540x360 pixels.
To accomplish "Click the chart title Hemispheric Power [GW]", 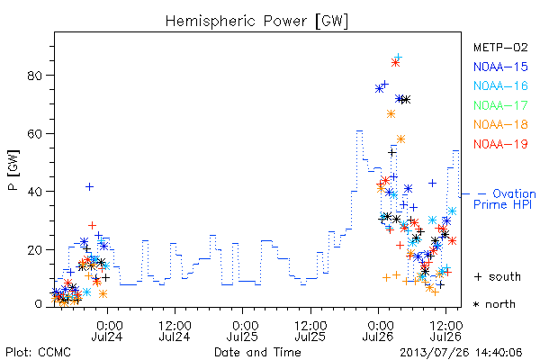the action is (x=256, y=22).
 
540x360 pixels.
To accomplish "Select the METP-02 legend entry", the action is (x=500, y=47).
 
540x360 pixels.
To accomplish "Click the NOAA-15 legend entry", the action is (x=500, y=67).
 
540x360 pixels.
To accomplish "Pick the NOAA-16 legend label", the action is (x=500, y=85).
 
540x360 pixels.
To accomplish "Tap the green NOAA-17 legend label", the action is (x=500, y=105).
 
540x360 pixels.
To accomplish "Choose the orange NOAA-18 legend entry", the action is (x=500, y=124).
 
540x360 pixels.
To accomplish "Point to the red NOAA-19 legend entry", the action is (x=500, y=144).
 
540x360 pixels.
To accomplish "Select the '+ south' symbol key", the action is (x=498, y=276).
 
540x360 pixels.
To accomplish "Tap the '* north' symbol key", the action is (x=494, y=304).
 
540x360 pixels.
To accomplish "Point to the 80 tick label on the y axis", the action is (x=34, y=75).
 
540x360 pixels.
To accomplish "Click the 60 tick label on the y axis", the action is (x=34, y=133).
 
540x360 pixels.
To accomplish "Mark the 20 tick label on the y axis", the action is (x=34, y=250).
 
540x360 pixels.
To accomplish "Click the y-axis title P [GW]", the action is (x=13, y=170).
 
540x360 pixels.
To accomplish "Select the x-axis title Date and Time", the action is (x=257, y=352).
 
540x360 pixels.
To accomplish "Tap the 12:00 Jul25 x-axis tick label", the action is (x=310, y=331).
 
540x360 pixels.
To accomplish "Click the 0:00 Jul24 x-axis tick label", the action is (x=107, y=331).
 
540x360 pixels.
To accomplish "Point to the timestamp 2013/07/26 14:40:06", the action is (x=461, y=353).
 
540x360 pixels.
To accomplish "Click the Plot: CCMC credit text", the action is (x=38, y=353).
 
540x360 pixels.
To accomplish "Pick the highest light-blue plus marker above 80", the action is (x=398, y=57).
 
